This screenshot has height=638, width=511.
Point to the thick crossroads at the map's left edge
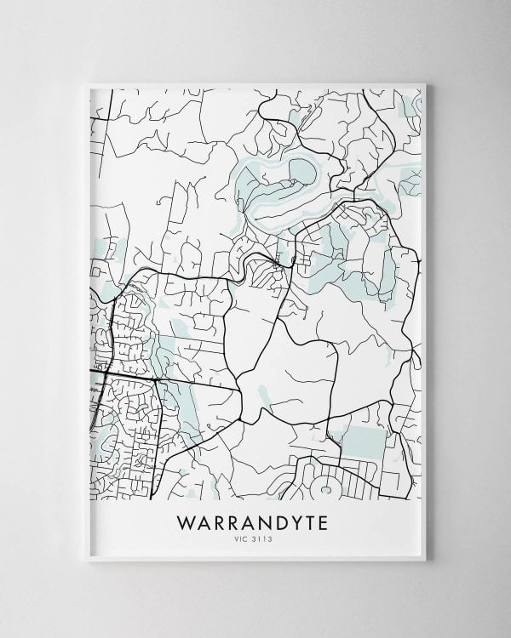[x=101, y=372]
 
